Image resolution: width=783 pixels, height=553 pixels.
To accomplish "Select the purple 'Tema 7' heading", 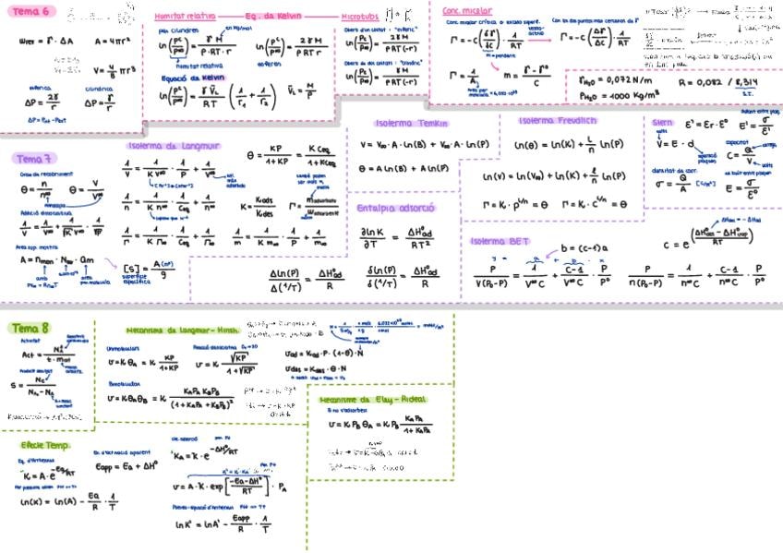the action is coord(34,158).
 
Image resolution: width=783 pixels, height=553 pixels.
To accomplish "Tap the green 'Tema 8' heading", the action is coord(32,328).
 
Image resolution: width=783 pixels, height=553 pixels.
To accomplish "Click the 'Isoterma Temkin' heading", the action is coord(411,124).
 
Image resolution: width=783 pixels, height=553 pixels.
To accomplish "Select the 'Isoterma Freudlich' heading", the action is coord(557,121).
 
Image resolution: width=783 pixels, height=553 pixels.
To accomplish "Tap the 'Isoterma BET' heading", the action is coord(500,241).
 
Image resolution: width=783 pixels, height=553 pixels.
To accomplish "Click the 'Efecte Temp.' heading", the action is coord(46,445).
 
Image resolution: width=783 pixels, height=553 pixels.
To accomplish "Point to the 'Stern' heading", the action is coord(662,122).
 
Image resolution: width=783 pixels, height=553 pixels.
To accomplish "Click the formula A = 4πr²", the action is coord(112,42).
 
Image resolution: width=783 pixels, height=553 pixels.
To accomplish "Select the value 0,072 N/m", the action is coord(622,79).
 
